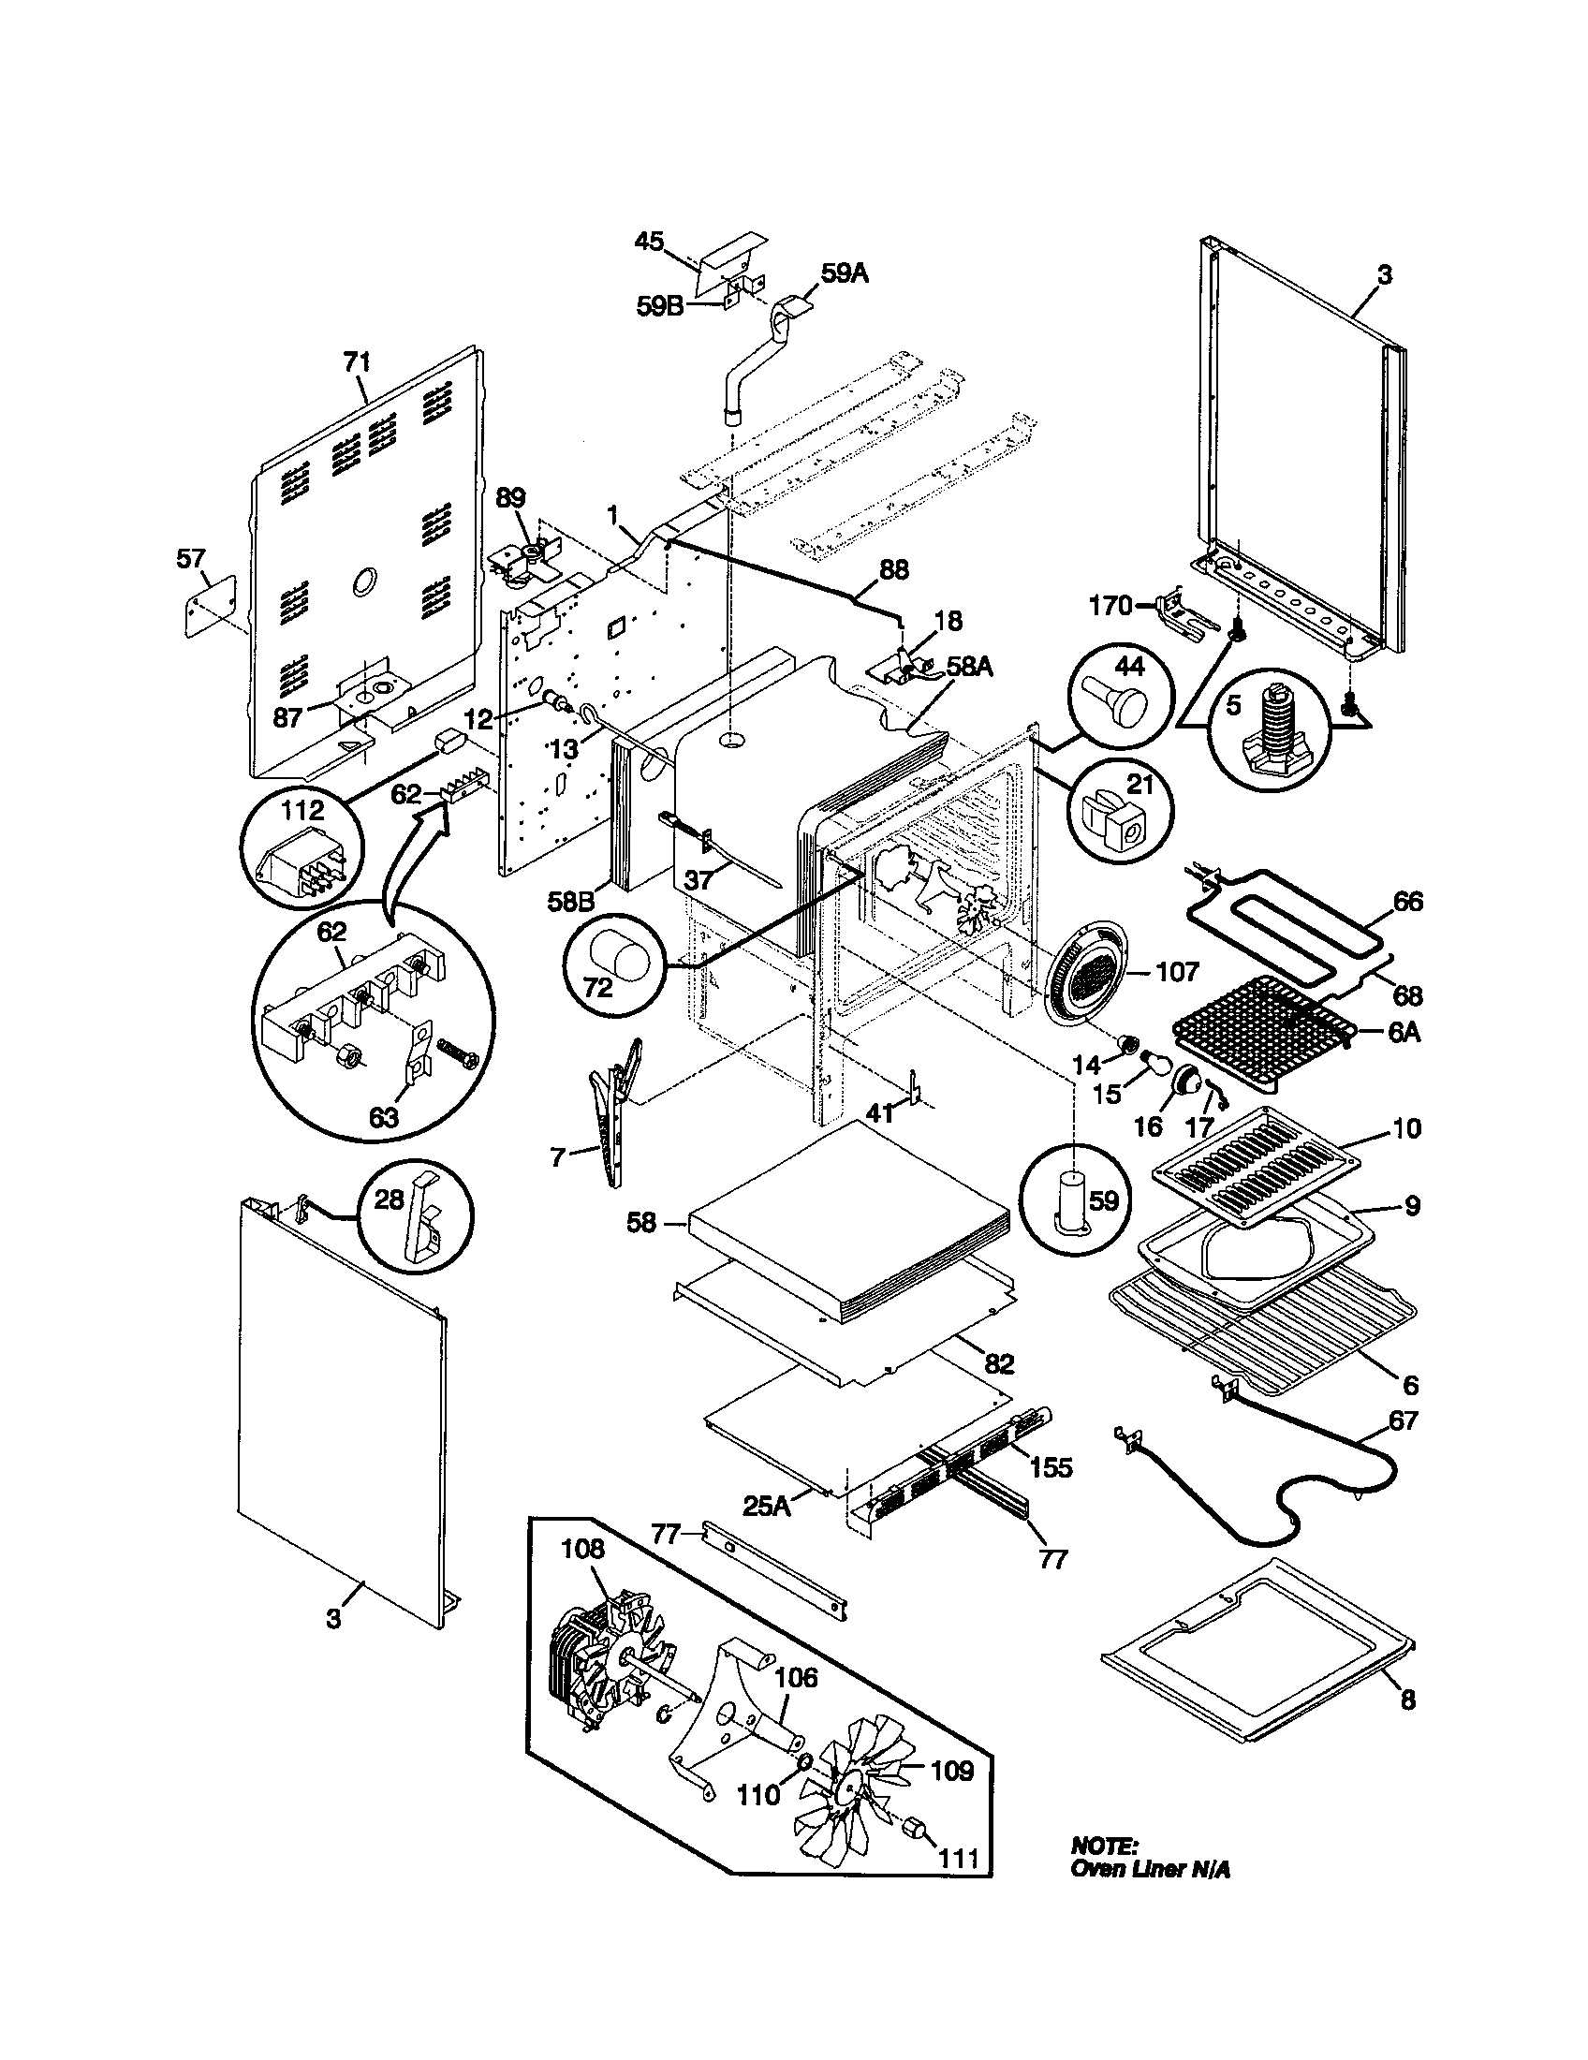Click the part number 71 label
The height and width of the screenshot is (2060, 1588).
[357, 361]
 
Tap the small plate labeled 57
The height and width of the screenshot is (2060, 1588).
[209, 605]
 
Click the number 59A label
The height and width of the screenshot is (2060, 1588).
[844, 274]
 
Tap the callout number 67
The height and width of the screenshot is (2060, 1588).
[1404, 1420]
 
